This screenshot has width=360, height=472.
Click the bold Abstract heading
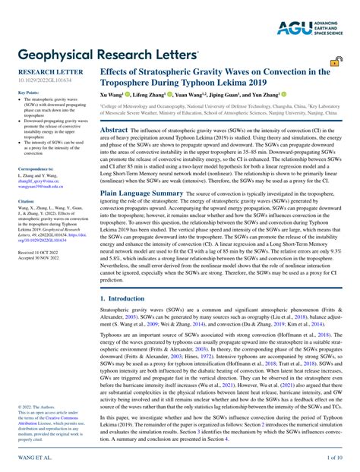coord(114,131)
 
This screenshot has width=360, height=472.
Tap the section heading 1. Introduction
coord(126,278)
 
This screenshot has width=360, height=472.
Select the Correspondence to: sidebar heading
coord(36,168)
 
